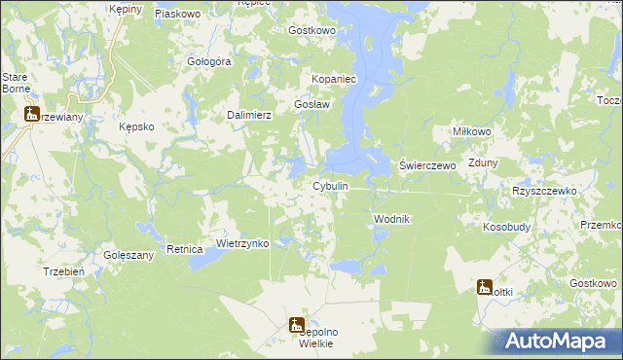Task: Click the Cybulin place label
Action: (x=330, y=186)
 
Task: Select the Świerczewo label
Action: (x=428, y=166)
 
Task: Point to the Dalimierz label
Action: (x=248, y=115)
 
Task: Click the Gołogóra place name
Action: (x=207, y=61)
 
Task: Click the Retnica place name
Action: (x=183, y=249)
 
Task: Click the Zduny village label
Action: (x=484, y=163)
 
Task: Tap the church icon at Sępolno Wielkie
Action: (x=297, y=326)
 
